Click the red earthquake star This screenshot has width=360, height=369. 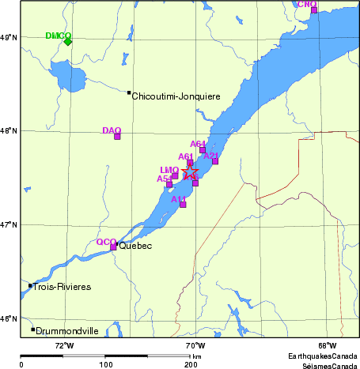click(x=191, y=171)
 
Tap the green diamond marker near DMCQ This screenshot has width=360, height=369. click(x=68, y=41)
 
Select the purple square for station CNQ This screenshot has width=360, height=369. click(x=314, y=10)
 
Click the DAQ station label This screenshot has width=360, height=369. click(x=112, y=130)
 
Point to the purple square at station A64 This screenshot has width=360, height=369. click(x=203, y=149)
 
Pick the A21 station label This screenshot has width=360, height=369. click(x=210, y=156)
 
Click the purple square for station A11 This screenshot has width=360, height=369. click(x=183, y=205)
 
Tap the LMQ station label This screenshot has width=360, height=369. click(x=169, y=170)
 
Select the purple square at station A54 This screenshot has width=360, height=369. click(x=169, y=184)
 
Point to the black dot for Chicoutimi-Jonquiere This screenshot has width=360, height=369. click(x=129, y=92)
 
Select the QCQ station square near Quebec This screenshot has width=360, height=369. click(x=113, y=247)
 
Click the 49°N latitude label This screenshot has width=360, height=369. click(x=9, y=37)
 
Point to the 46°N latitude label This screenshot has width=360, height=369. click(x=9, y=318)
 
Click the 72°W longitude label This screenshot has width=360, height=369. click(x=64, y=346)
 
